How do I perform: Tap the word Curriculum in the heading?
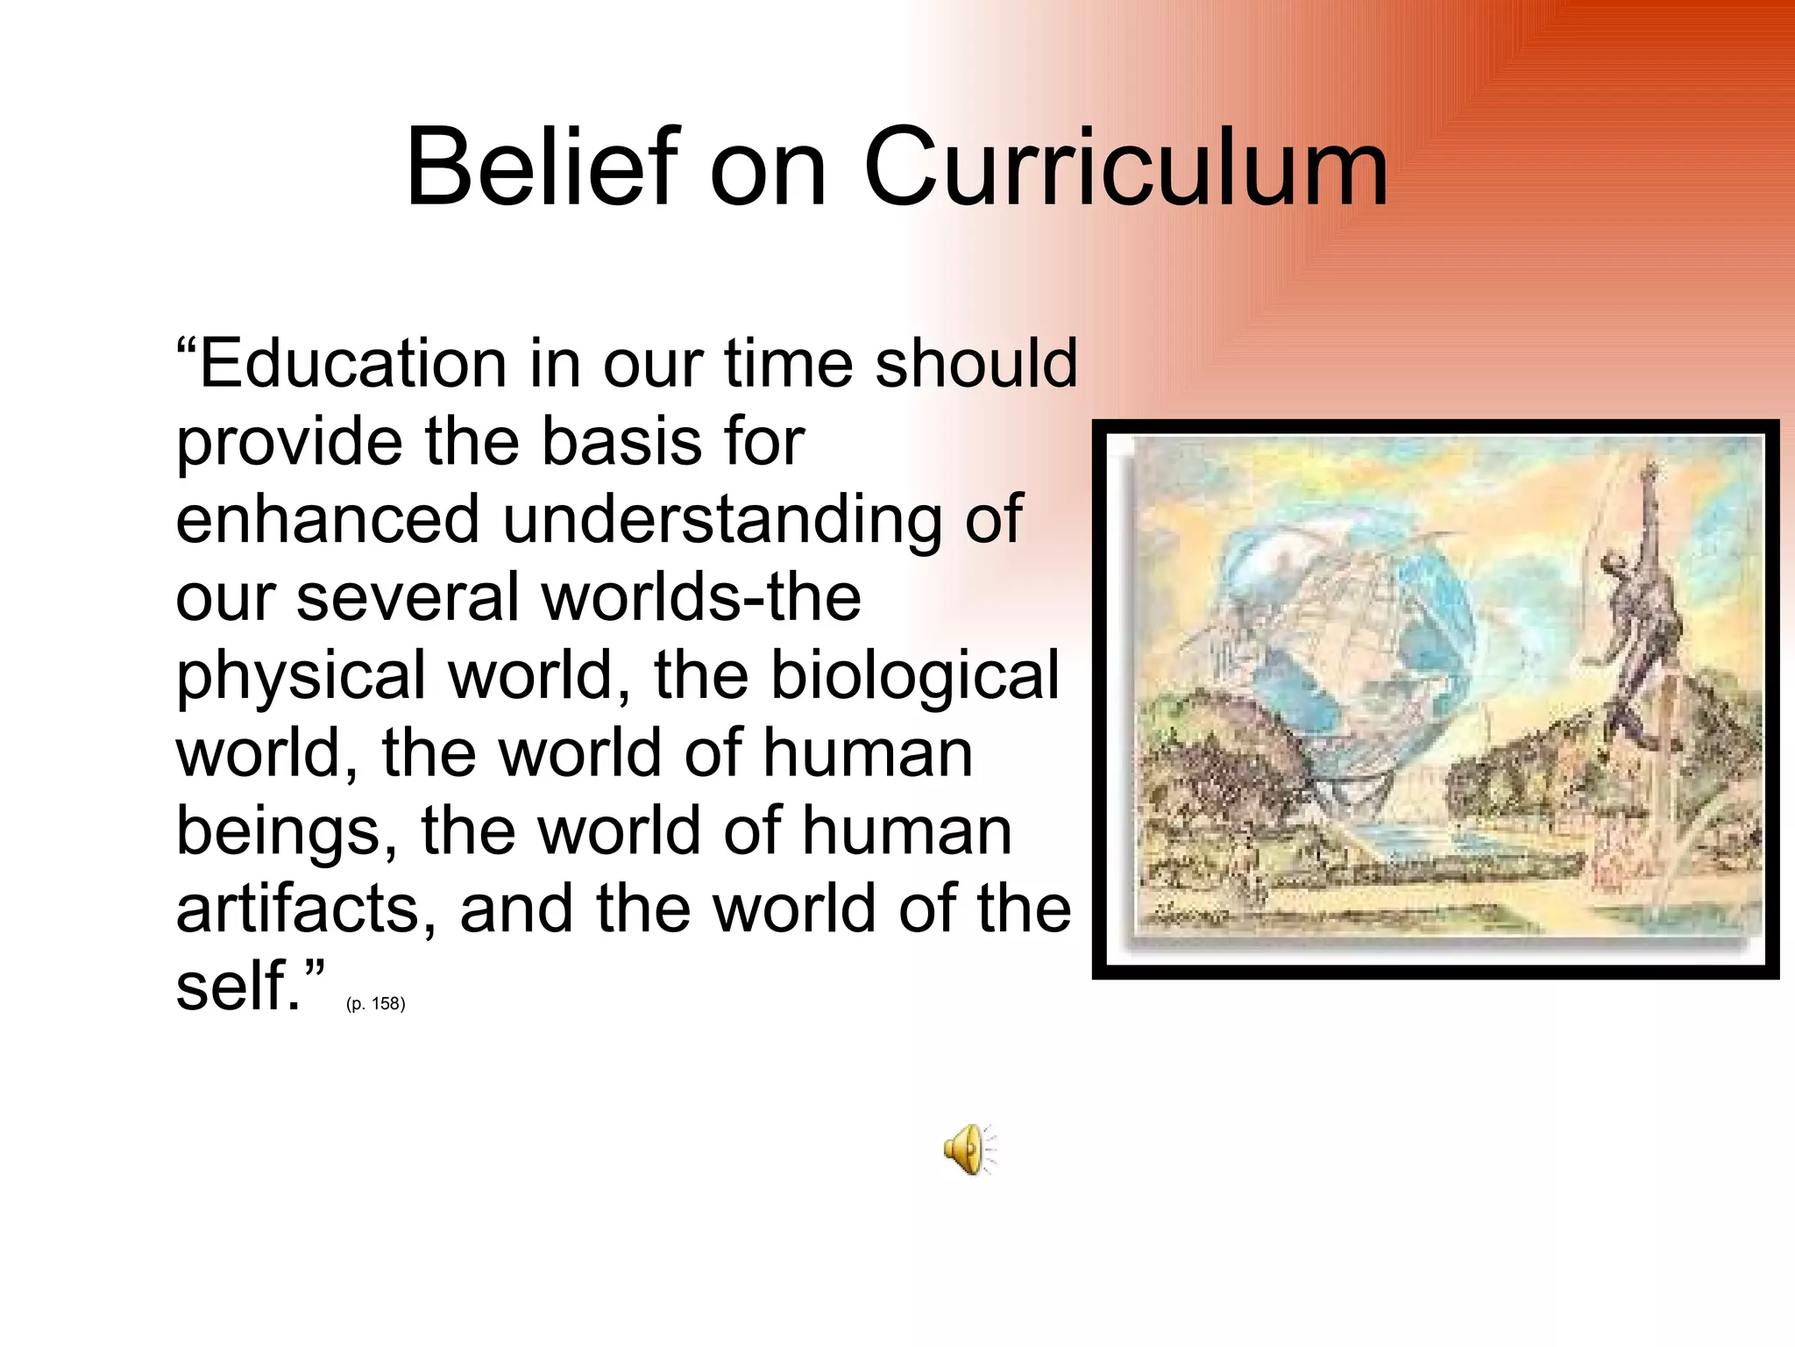tap(1125, 167)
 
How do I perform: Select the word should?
tap(976, 364)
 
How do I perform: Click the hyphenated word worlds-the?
tap(702, 598)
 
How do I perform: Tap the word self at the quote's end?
tap(232, 987)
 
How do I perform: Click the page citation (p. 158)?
tap(375, 1004)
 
